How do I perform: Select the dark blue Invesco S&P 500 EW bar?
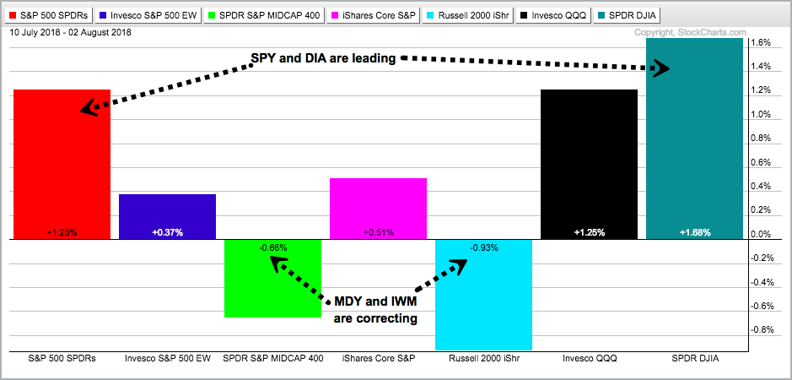(x=167, y=216)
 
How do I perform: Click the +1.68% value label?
(x=694, y=231)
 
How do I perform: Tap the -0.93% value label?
(x=483, y=247)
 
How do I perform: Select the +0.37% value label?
(x=167, y=231)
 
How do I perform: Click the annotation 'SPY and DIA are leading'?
(x=324, y=57)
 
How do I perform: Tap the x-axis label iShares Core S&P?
(x=377, y=358)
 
